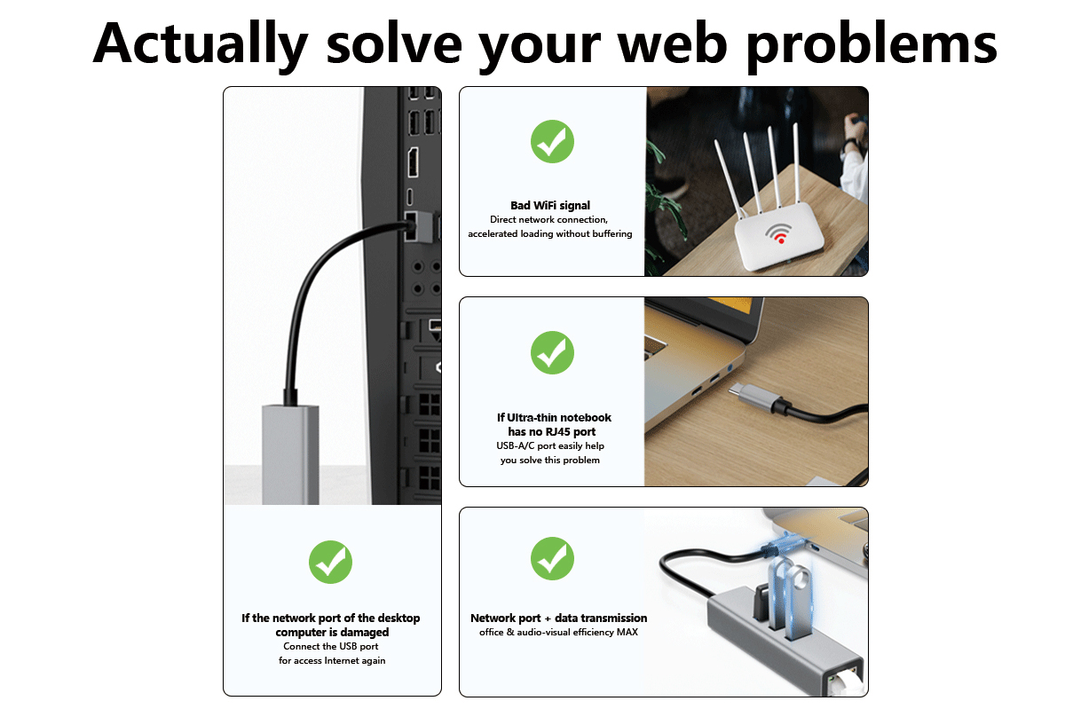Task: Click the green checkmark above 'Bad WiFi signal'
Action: coord(552,141)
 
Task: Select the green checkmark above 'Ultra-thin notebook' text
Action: coord(552,352)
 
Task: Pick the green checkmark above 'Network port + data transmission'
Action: coord(552,558)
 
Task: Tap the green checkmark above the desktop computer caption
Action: coord(330,562)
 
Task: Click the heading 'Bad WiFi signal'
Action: coord(550,206)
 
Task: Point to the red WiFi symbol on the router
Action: coord(778,233)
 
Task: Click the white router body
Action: coord(779,236)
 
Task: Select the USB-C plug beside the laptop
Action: coord(757,397)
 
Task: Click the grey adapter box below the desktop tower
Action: coord(290,454)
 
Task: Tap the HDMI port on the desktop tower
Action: coord(413,162)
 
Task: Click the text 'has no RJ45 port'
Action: coord(551,432)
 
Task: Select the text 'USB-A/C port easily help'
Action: coord(550,446)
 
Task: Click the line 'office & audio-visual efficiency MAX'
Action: coord(558,632)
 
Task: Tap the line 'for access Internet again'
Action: coord(332,660)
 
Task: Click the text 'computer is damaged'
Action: coord(332,633)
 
